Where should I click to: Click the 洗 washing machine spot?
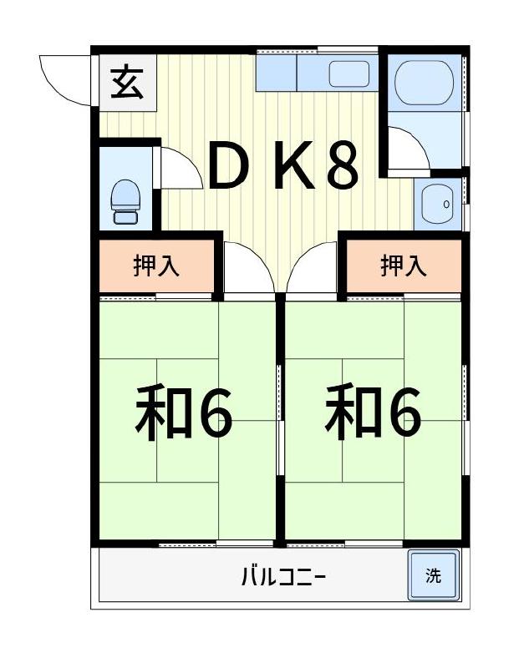point(433,575)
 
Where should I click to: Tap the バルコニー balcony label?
point(283,576)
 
